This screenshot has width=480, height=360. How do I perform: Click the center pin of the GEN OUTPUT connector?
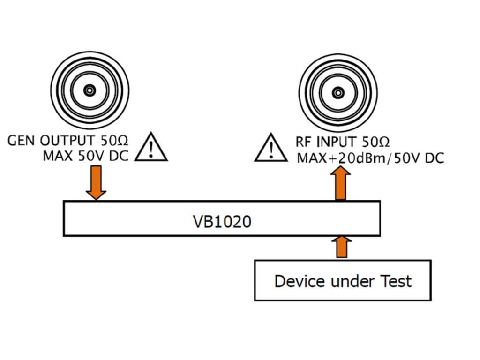90,90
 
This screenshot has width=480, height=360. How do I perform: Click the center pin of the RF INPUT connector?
338,93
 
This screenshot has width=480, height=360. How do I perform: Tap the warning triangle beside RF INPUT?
271,148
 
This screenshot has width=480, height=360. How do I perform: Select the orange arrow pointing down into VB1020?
96,183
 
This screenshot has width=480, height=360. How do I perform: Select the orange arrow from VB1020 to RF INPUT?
341,183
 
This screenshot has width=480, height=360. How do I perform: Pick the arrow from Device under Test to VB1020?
342,247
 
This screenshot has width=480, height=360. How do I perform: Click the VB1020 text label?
222,221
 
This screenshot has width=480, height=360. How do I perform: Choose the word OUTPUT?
67,141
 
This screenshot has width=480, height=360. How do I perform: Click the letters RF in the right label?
304,142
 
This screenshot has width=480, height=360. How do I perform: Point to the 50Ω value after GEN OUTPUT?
114,141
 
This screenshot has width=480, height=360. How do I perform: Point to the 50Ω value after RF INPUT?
375,142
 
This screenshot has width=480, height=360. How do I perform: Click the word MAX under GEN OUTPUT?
58,156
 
